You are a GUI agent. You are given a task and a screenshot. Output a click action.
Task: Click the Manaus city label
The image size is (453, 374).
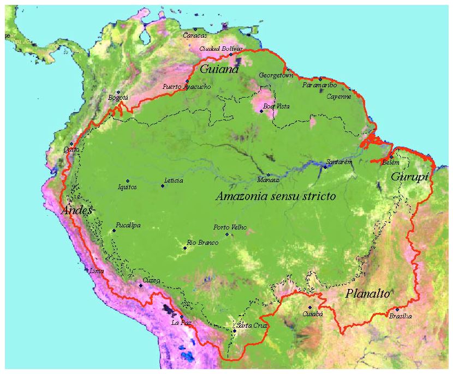(269, 180)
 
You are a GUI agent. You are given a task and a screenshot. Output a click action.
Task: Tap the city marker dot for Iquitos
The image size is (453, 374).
(128, 181)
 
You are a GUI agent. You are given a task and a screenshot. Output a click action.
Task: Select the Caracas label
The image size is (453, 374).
(195, 35)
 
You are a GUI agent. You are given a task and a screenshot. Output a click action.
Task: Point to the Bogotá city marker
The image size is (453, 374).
(118, 92)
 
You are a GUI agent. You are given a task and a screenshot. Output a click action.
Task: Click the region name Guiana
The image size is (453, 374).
(219, 69)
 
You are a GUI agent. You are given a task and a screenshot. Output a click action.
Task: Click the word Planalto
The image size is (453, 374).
(368, 294)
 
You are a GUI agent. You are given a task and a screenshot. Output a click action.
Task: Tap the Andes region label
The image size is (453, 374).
(77, 210)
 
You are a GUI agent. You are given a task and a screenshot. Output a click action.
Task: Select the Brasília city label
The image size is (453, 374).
(400, 316)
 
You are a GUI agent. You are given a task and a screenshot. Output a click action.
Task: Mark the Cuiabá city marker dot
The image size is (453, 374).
(310, 307)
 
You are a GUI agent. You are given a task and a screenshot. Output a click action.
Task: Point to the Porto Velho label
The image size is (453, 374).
(230, 227)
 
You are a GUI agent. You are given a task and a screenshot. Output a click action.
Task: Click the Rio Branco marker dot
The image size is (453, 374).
(185, 248)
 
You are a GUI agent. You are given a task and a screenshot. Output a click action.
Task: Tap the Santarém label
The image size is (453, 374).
(339, 162)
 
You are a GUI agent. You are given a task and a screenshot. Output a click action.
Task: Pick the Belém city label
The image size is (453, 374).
(391, 162)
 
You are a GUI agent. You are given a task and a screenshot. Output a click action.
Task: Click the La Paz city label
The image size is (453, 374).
(181, 323)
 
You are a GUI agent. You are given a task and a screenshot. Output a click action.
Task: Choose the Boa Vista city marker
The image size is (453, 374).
(261, 111)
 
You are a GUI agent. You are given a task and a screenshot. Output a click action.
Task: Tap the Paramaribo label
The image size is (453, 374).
(319, 85)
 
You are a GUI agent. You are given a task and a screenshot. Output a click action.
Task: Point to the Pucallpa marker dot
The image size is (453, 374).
(114, 231)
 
